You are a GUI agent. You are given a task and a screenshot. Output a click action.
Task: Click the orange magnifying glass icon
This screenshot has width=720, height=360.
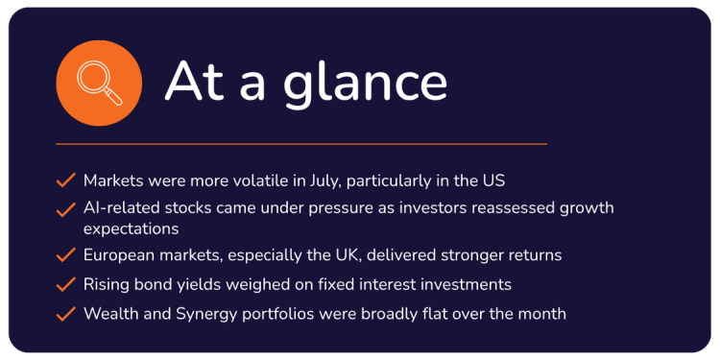tap(99, 84)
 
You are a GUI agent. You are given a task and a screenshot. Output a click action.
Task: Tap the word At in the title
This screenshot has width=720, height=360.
tap(194, 81)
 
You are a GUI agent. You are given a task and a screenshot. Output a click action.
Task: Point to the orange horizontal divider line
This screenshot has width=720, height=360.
tap(301, 144)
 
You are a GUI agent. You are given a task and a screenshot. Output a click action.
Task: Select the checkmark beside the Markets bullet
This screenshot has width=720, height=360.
tap(65, 180)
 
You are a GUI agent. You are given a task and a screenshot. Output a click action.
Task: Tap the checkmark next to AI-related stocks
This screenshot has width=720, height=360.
tap(65, 210)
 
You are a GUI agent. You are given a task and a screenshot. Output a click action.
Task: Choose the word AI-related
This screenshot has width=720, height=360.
tap(122, 207)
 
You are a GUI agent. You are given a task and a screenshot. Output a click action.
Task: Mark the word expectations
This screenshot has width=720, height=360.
tap(131, 228)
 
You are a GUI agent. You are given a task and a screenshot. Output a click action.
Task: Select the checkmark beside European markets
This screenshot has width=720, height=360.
tap(65, 254)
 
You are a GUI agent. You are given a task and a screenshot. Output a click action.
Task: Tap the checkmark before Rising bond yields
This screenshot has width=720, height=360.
tap(65, 284)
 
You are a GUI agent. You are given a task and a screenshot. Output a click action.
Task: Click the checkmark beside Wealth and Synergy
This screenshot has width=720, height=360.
tap(65, 314)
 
